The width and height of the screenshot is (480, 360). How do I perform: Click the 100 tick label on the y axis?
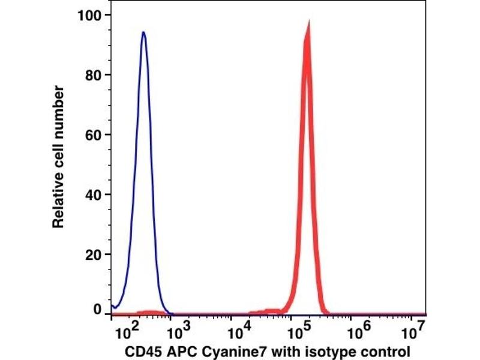90,15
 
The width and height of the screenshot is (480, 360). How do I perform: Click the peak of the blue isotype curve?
143,32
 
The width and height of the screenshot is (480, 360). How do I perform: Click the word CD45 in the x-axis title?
140,350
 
